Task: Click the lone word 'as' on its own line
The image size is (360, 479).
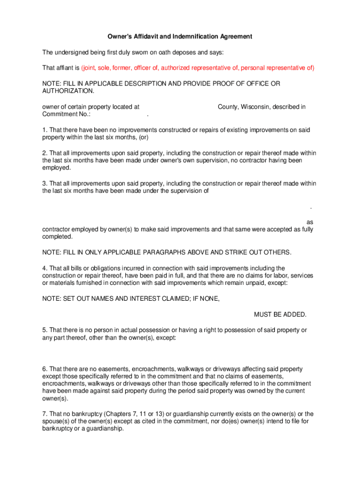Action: [x=310, y=222]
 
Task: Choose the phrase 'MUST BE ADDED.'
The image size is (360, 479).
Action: [x=280, y=314]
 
